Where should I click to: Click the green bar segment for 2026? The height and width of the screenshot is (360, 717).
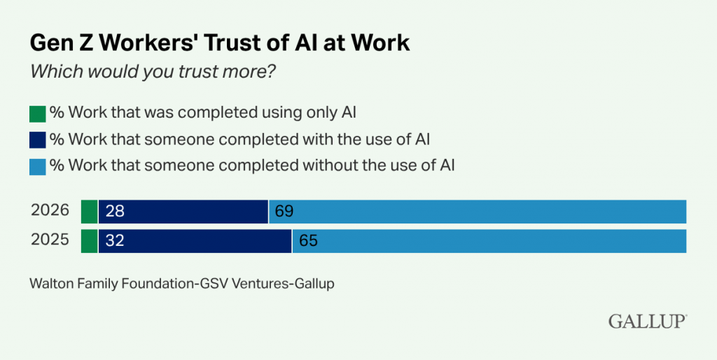[x=89, y=211]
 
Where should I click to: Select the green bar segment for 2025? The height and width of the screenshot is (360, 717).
[x=89, y=240]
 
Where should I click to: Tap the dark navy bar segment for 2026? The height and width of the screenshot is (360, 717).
[x=183, y=211]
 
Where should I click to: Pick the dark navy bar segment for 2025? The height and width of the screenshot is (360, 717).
[x=195, y=240]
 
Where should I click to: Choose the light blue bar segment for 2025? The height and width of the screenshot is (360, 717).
[x=489, y=240]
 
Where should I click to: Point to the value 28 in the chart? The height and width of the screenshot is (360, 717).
[x=113, y=211]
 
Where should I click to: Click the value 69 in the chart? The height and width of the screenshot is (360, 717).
[x=284, y=211]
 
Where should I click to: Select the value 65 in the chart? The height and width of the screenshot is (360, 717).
[x=308, y=240]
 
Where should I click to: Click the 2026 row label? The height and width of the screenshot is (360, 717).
[x=50, y=211]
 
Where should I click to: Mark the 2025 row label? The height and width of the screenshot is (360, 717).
[x=50, y=240]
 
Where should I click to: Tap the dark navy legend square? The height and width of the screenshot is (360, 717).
[x=37, y=140]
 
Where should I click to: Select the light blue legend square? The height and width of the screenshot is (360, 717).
[x=37, y=167]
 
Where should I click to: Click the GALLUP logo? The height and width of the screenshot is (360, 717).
[x=647, y=321]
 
